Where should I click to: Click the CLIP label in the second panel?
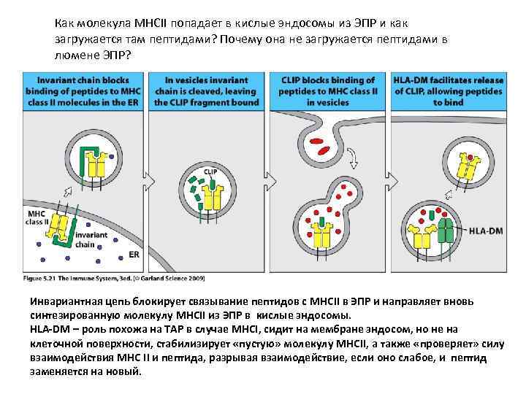(x=210, y=171)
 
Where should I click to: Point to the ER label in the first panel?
(x=134, y=255)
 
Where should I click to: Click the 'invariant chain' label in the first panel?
(x=91, y=239)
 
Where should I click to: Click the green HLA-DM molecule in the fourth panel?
(x=444, y=232)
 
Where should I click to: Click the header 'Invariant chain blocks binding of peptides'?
(x=83, y=91)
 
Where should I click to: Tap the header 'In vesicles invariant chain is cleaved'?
(x=205, y=91)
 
